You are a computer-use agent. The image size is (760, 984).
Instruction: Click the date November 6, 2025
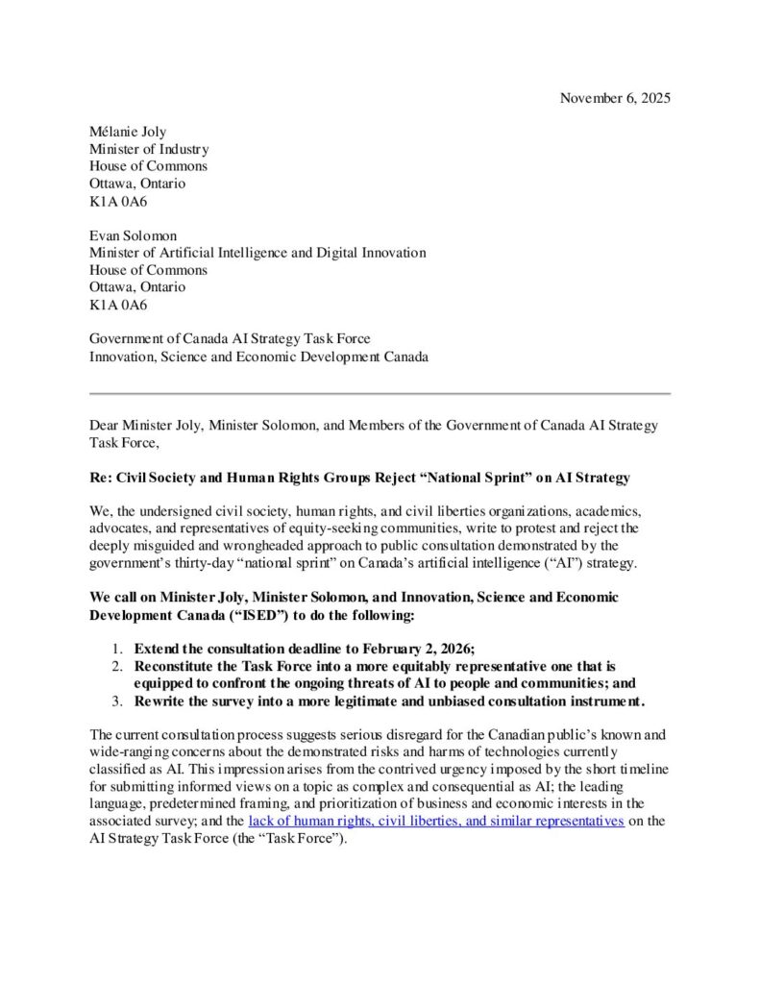pyautogui.click(x=615, y=98)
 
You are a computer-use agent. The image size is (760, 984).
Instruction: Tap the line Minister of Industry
pyautogui.click(x=149, y=149)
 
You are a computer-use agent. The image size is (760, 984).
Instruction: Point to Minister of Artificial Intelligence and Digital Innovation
pyautogui.click(x=257, y=253)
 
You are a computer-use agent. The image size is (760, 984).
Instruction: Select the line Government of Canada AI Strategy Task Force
pyautogui.click(x=230, y=339)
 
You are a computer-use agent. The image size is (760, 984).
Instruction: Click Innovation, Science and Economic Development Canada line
pyautogui.click(x=258, y=357)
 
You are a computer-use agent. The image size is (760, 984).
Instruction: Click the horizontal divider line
pyautogui.click(x=380, y=393)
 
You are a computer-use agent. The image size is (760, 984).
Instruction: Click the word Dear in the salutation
pyautogui.click(x=106, y=425)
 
